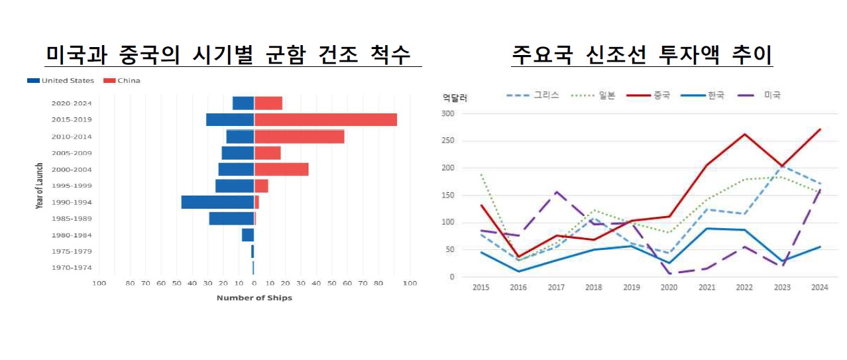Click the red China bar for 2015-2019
325,120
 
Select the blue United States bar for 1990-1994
217,202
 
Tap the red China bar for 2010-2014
299,137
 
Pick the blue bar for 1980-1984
248,235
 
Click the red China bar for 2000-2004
281,169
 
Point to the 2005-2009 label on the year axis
72,153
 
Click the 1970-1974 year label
72,268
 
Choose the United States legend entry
61,81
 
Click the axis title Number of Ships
254,298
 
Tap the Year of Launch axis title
40,186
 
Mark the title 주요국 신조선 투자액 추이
642,54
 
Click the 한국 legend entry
706,95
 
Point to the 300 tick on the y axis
449,113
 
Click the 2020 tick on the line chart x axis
670,288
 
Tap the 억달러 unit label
455,98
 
